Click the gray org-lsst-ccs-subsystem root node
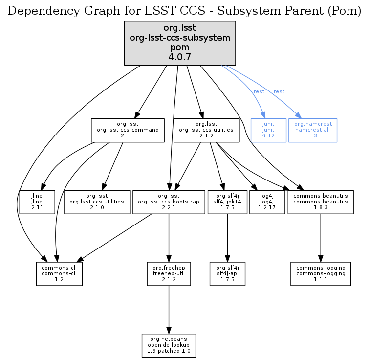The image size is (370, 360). tap(180, 43)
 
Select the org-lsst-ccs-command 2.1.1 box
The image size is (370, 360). tap(127, 130)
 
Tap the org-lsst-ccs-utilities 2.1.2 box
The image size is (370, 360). tap(206, 130)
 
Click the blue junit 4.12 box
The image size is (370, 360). tap(268, 130)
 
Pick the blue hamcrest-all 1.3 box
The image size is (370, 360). tap(313, 130)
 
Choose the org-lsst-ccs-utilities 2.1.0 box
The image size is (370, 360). tap(96, 202)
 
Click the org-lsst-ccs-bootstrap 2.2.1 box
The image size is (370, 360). tap(169, 202)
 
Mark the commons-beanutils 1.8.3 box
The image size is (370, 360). tap(321, 202)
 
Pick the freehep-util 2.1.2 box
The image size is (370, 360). tap(169, 273)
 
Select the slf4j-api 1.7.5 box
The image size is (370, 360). tap(227, 273)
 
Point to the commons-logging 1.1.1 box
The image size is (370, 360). tap(321, 273)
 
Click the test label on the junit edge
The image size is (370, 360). tap(259, 91)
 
